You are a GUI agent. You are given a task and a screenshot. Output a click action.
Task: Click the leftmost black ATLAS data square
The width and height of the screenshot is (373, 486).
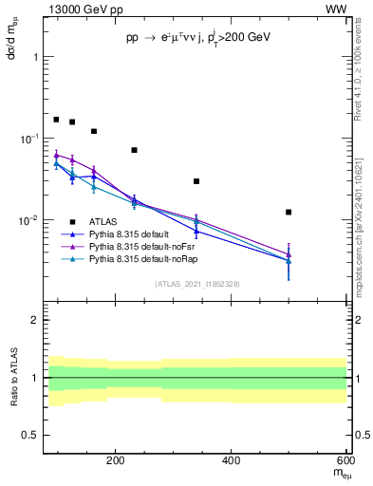click(x=56, y=120)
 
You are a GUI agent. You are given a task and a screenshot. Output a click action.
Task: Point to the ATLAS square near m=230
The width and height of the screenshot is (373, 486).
click(x=134, y=150)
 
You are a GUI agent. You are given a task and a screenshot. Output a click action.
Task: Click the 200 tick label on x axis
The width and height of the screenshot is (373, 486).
click(x=116, y=460)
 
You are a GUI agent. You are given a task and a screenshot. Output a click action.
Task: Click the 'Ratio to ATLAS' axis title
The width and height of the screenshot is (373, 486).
click(x=12, y=378)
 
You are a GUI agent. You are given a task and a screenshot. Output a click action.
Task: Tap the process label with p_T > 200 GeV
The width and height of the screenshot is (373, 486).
click(x=198, y=38)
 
